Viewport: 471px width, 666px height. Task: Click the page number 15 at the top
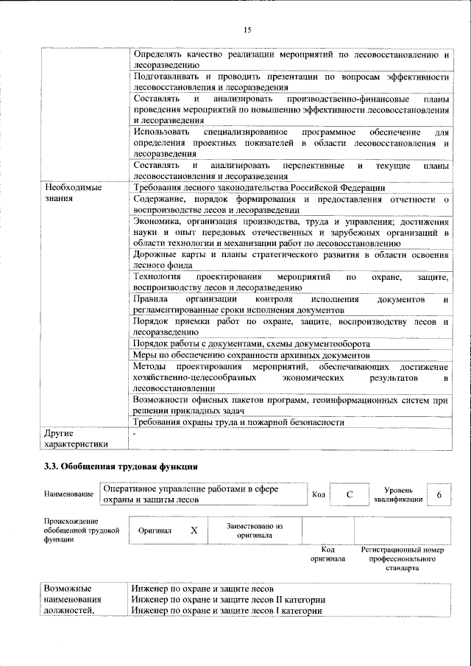[247, 29]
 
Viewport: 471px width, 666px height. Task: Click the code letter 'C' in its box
[350, 495]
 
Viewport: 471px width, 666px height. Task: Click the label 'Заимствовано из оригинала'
[255, 530]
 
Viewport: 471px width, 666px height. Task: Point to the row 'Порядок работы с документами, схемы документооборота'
[250, 343]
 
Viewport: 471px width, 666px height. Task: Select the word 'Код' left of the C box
[318, 494]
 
